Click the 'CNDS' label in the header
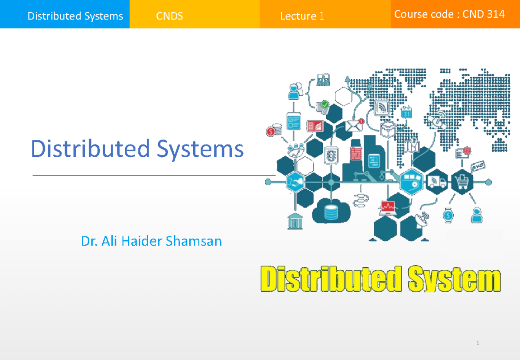(x=169, y=16)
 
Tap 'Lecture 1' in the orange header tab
(x=302, y=16)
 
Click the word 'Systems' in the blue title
(x=200, y=149)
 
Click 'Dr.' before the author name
(x=89, y=241)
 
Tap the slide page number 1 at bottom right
(x=478, y=344)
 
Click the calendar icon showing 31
(x=406, y=113)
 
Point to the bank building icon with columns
(x=295, y=221)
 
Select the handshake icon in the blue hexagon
(x=296, y=182)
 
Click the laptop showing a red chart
(x=388, y=208)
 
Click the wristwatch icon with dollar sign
(x=449, y=214)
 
